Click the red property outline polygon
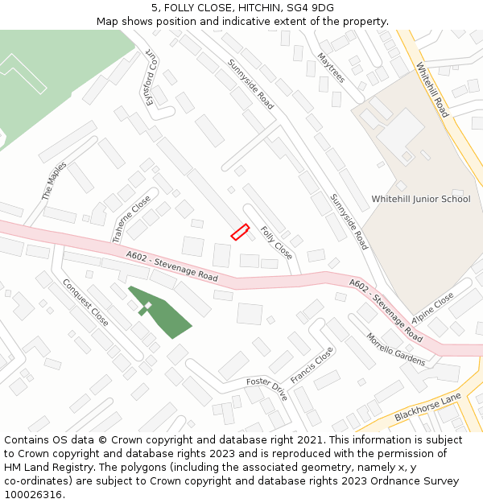(x=240, y=232)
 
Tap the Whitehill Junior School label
(x=420, y=199)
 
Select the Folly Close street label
(x=276, y=241)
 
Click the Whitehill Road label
(x=432, y=91)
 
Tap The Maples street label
(x=55, y=181)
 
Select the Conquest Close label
(x=85, y=301)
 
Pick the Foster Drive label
(x=266, y=390)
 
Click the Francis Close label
(x=312, y=365)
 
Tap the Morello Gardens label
(x=395, y=349)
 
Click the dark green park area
(x=165, y=314)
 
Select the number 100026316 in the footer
(x=33, y=494)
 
